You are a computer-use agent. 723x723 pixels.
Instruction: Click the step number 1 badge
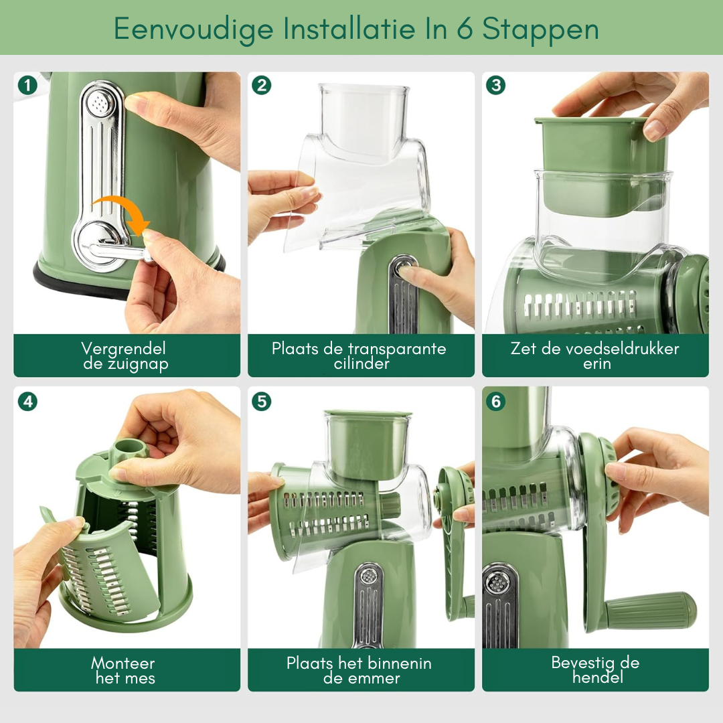click(x=27, y=85)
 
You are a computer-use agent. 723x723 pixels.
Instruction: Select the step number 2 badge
click(x=262, y=85)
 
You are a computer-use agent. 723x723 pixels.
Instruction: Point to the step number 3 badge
click(x=496, y=85)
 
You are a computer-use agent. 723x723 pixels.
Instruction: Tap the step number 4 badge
click(x=27, y=402)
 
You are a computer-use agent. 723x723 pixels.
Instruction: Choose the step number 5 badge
click(x=262, y=402)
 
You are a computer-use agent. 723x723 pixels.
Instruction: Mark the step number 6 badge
click(x=496, y=402)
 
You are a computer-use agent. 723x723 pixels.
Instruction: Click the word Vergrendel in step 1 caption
click(x=124, y=348)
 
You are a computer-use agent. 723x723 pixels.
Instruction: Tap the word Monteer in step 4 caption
click(x=123, y=663)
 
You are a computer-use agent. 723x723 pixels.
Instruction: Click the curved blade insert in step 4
click(x=104, y=572)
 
